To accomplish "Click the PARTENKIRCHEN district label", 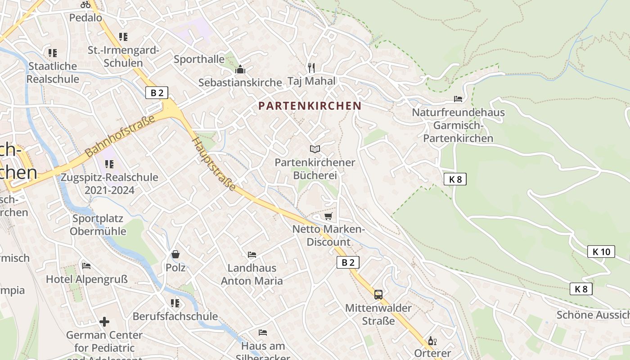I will tap(310, 106).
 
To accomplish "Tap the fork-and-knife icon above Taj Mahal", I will tap(311, 67).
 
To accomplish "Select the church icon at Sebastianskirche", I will tap(240, 69).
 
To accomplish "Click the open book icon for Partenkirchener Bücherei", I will tap(315, 149).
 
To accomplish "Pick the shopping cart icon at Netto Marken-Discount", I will tap(328, 216).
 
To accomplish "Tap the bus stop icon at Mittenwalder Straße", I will tap(378, 295).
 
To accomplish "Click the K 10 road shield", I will tap(601, 252).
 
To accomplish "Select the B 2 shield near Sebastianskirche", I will tap(157, 93).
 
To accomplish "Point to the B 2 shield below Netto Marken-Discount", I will tap(348, 262).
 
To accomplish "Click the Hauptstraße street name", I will tap(214, 164).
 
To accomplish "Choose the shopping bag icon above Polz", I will tap(175, 254).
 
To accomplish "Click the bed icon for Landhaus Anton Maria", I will tap(252, 255).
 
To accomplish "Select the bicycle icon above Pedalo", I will tap(85, 4).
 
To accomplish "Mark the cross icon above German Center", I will tap(104, 322).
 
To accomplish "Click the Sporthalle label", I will tap(199, 59).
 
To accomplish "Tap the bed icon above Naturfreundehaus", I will tap(458, 99).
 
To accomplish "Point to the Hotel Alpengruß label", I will tap(87, 279).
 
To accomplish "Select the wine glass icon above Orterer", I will tap(432, 341).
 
